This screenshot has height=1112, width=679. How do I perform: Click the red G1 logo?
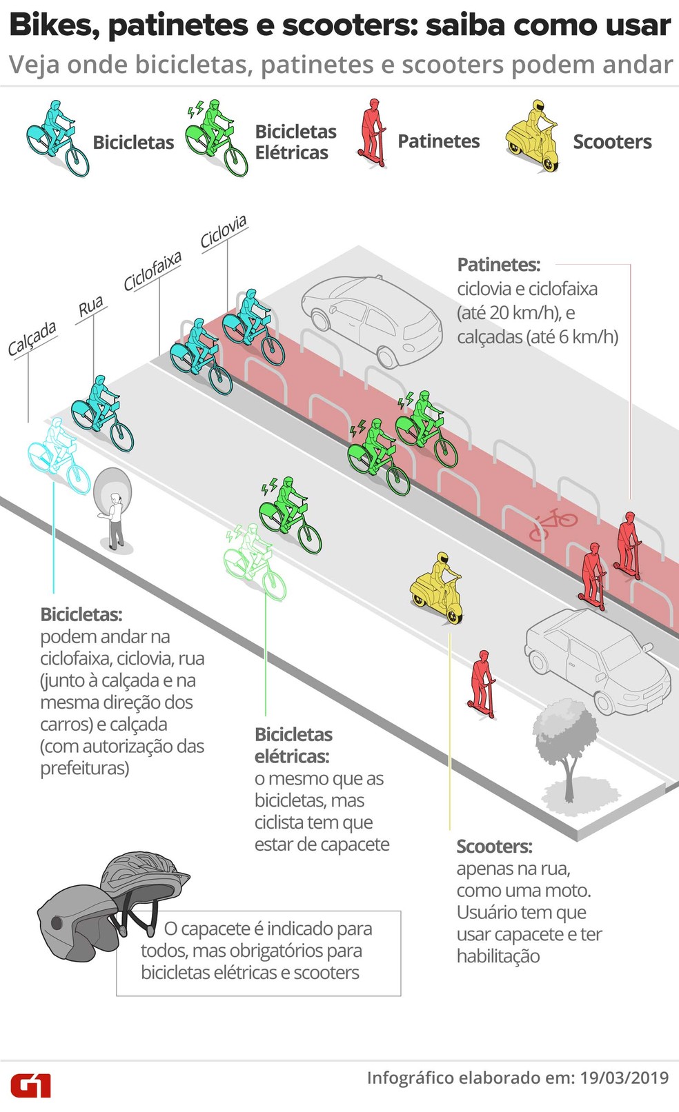(x=31, y=1086)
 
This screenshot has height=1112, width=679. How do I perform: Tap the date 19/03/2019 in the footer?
(x=624, y=1078)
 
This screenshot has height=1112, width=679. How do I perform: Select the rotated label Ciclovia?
(x=224, y=232)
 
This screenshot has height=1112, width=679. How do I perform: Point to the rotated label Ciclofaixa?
(x=152, y=271)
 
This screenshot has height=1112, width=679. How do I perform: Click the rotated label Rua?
(x=90, y=306)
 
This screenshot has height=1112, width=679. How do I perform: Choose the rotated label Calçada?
(x=32, y=338)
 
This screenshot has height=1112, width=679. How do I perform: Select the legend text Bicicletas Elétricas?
(x=296, y=142)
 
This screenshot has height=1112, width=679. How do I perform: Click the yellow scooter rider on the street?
(x=437, y=587)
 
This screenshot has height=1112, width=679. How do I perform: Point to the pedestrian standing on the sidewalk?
(x=116, y=520)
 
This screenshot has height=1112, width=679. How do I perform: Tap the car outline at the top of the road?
(x=372, y=321)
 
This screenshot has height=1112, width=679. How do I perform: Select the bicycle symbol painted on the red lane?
(x=552, y=523)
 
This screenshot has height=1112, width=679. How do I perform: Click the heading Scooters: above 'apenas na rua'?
(x=494, y=846)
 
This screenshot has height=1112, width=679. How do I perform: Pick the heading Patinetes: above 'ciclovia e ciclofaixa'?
(x=499, y=265)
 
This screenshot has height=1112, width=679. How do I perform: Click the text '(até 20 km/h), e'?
(x=516, y=313)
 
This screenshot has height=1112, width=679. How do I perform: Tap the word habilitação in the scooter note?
(x=498, y=956)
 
